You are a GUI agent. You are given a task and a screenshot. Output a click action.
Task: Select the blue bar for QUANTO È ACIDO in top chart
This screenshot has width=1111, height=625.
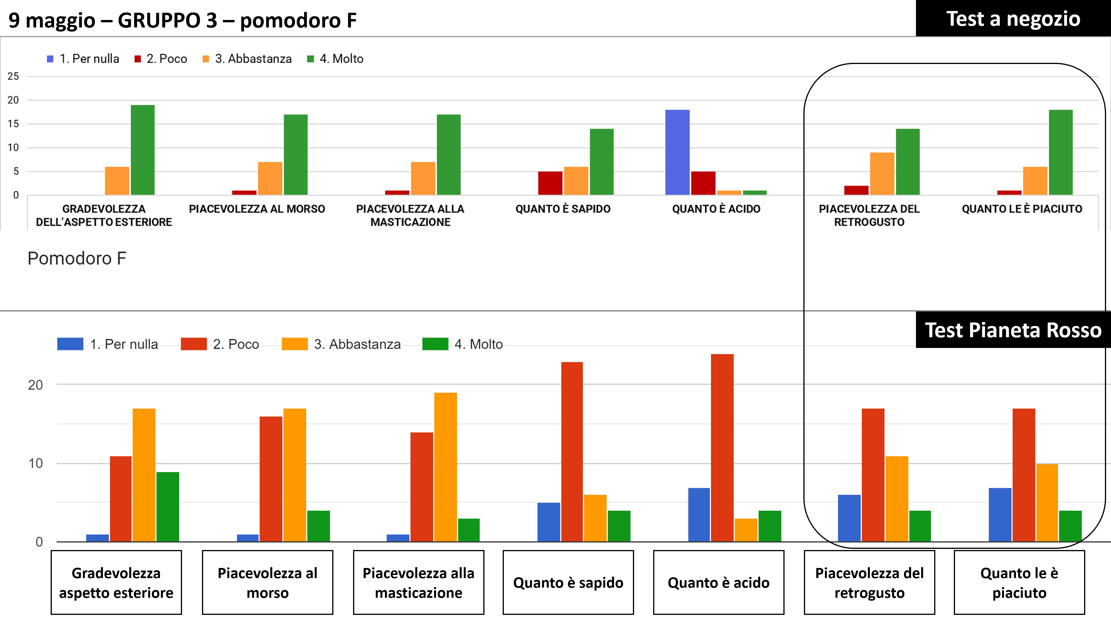tap(677, 152)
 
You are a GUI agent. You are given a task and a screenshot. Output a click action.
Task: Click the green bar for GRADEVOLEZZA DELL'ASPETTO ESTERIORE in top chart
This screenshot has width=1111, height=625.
tap(143, 150)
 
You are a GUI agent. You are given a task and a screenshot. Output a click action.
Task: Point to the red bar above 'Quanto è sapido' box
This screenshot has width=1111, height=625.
tap(572, 452)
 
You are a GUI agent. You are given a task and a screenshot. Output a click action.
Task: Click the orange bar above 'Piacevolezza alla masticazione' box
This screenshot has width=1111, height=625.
tap(445, 467)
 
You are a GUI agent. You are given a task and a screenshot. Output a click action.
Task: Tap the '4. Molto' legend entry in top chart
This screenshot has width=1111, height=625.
tap(335, 59)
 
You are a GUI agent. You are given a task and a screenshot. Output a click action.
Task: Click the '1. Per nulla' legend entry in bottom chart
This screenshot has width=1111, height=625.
tap(108, 344)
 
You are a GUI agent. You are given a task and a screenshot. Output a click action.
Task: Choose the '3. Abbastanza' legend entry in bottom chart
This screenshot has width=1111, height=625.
tap(341, 344)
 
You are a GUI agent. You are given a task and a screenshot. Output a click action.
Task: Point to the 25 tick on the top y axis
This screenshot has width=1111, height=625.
tap(13, 76)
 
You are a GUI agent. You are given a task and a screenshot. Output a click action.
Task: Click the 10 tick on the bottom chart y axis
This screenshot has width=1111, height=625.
tap(35, 464)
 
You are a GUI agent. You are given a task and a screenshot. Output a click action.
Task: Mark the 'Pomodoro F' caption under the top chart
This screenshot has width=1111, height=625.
tap(77, 259)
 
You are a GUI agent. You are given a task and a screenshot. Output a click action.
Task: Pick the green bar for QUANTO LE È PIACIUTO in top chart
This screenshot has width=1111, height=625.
tap(1061, 152)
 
